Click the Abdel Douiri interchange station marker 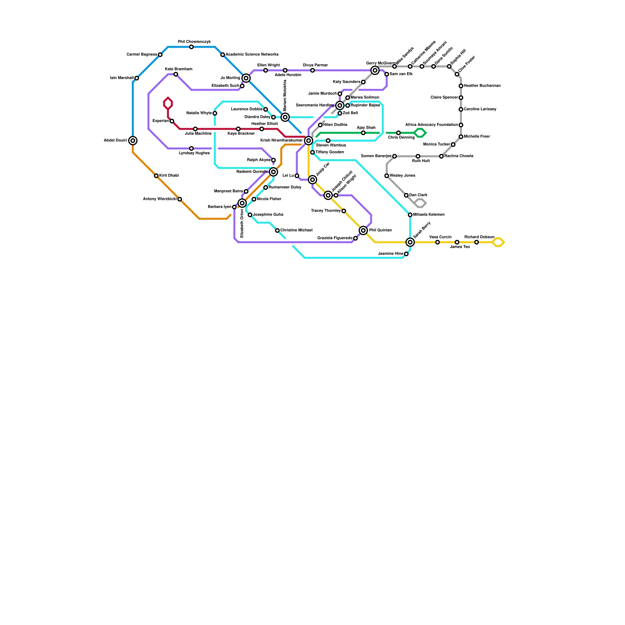point(133,141)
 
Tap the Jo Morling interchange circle point(246,78)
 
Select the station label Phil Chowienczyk point(194,42)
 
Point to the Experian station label point(161,121)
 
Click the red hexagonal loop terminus point(168,104)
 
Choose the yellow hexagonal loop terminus point(498,242)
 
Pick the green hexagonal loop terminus point(420,133)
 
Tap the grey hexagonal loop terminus point(420,203)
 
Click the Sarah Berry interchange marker point(410,242)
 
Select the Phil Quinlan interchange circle point(363,230)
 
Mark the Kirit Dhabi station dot point(156,176)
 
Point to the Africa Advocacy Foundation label point(431,125)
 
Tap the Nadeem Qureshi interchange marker point(273,172)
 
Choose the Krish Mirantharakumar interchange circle point(309,141)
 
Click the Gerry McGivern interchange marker point(375,70)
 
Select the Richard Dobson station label point(479,237)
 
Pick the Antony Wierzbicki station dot point(180,199)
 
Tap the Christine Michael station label point(296,230)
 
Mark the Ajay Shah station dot point(363,133)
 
